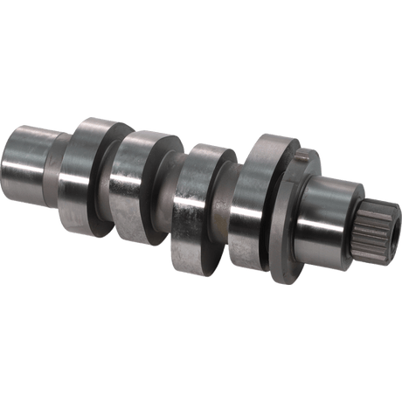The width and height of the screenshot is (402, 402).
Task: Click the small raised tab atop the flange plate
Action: point(306,155)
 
